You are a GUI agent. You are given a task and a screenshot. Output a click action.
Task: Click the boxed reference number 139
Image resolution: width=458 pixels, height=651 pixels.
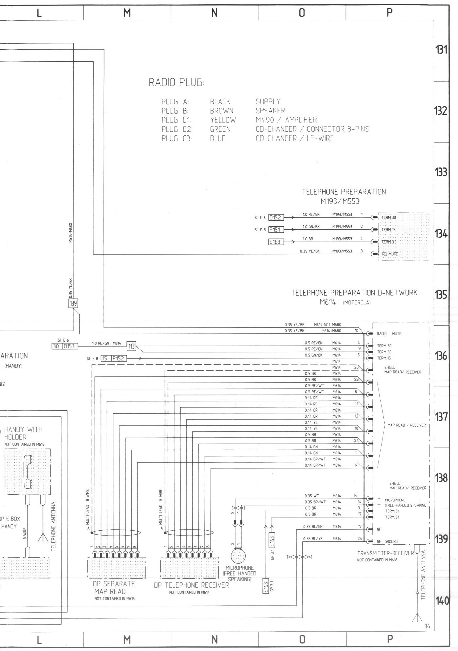[73, 303]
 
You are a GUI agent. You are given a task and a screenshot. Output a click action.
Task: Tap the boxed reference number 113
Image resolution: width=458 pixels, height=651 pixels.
[131, 346]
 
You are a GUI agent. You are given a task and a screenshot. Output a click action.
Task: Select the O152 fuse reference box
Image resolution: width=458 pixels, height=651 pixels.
[276, 218]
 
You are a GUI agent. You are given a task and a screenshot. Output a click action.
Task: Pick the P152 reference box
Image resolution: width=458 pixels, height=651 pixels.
[117, 358]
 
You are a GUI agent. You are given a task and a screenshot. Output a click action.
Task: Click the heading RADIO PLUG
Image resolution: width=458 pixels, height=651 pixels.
[176, 83]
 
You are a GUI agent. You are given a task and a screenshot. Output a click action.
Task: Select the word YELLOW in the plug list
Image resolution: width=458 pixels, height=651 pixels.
[223, 120]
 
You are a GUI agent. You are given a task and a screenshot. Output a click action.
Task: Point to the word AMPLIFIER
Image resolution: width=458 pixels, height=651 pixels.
[301, 120]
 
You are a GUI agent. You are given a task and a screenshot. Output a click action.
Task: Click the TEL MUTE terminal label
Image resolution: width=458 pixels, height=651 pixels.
[390, 254]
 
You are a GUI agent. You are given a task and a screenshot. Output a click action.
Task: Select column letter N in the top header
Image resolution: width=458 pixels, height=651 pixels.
[215, 13]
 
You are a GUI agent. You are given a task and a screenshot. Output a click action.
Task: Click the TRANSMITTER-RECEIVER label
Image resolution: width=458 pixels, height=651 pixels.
[385, 553]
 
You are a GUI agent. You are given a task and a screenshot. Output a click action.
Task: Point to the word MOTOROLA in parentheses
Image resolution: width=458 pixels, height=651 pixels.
[357, 303]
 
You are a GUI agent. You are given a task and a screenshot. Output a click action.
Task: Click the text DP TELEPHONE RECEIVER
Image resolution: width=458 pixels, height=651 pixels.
[191, 585]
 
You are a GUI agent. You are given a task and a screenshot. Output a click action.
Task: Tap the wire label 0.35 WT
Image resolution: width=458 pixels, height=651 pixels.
[312, 496]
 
